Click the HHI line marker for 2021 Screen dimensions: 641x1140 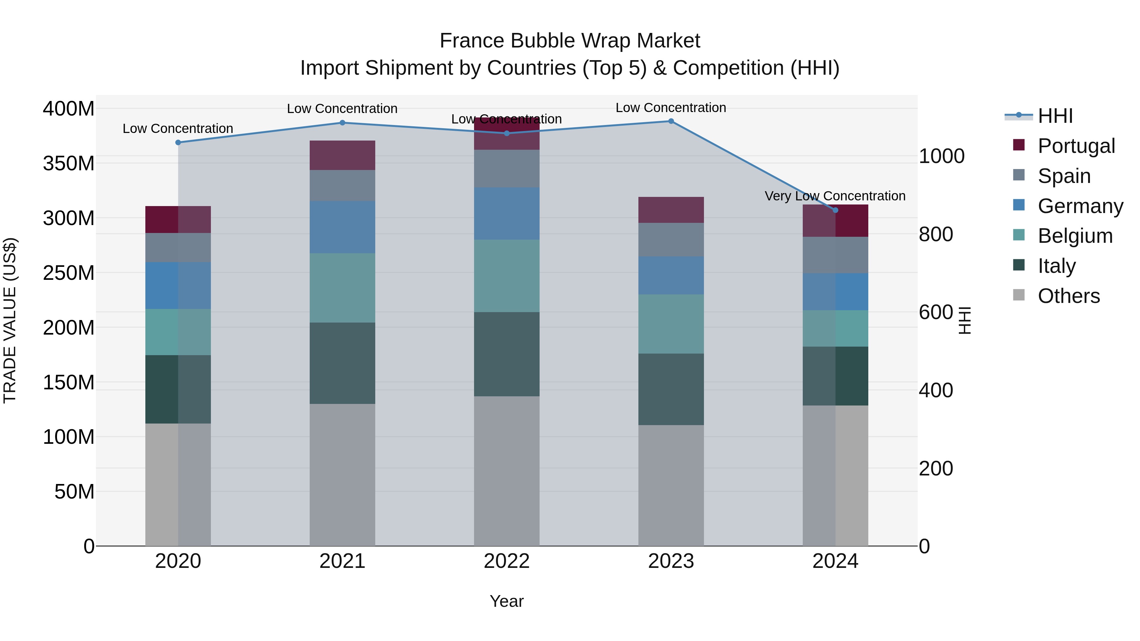coord(342,123)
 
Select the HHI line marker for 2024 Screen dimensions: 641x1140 coord(835,210)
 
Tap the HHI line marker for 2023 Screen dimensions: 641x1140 coord(671,121)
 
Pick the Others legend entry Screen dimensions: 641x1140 coord(1068,296)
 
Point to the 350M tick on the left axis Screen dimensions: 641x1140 coord(69,164)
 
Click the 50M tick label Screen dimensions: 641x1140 coord(74,492)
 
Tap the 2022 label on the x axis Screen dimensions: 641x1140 coord(506,561)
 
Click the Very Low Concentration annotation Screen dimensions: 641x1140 coord(835,196)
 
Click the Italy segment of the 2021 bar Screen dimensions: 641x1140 coord(342,363)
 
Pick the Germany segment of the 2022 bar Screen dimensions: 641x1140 coord(506,213)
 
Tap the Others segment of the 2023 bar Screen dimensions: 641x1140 coord(671,485)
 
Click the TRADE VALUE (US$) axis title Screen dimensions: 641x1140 coord(10,320)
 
